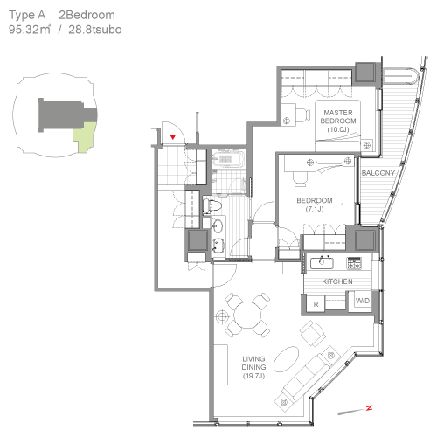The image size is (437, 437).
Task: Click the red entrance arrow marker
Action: [173, 136]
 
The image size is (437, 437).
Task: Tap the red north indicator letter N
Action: [369, 408]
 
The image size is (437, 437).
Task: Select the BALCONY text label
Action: [378, 173]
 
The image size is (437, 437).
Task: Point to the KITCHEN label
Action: [337, 281]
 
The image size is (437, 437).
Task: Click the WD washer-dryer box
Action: [363, 301]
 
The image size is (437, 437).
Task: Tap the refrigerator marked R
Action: [316, 304]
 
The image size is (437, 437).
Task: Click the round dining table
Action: [247, 316]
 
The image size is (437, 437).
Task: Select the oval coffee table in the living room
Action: [287, 359]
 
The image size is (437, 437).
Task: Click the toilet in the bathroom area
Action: [212, 205]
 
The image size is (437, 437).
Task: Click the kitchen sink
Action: [322, 263]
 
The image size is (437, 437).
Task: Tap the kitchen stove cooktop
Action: [354, 263]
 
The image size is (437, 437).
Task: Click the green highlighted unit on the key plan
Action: [85, 137]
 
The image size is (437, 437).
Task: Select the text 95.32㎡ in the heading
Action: [30, 30]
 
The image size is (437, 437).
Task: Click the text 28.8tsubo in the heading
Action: [95, 30]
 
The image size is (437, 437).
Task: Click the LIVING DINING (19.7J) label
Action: [253, 367]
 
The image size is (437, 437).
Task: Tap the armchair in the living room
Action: [313, 333]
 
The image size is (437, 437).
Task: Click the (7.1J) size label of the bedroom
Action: [315, 209]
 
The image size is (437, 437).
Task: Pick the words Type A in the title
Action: [27, 16]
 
